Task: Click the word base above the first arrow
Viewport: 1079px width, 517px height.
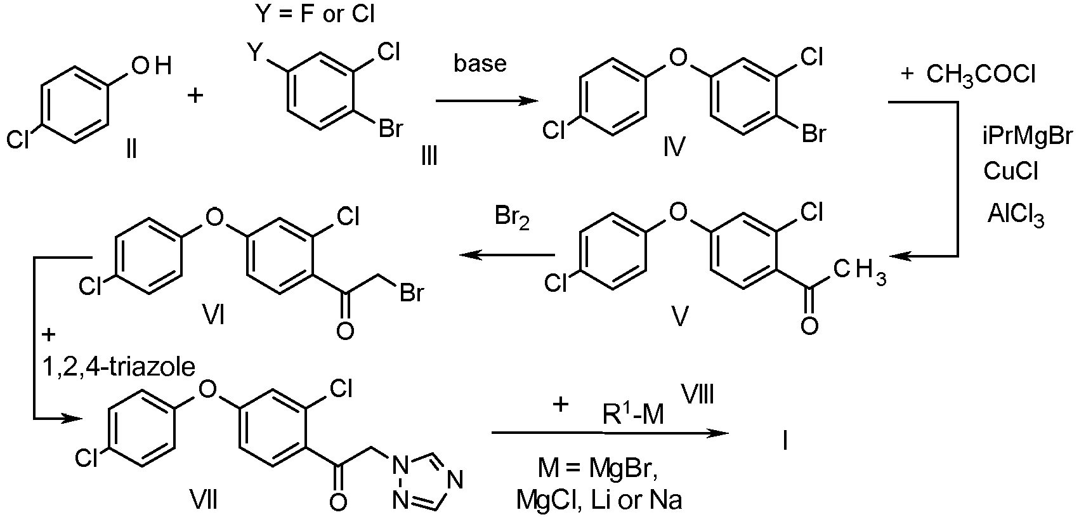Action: (480, 63)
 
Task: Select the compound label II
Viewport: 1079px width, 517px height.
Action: (131, 148)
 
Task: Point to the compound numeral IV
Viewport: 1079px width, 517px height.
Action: (674, 147)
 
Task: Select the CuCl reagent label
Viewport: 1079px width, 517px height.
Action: (1010, 171)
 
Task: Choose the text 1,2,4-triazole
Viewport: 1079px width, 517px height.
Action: (119, 367)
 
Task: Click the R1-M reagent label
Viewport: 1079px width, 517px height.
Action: (633, 414)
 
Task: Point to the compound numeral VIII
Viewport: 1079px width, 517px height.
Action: (698, 394)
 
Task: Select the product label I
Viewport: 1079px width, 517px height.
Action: (785, 440)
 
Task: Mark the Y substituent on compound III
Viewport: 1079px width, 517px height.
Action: (258, 52)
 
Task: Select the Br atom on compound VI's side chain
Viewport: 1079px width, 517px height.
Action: (412, 293)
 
